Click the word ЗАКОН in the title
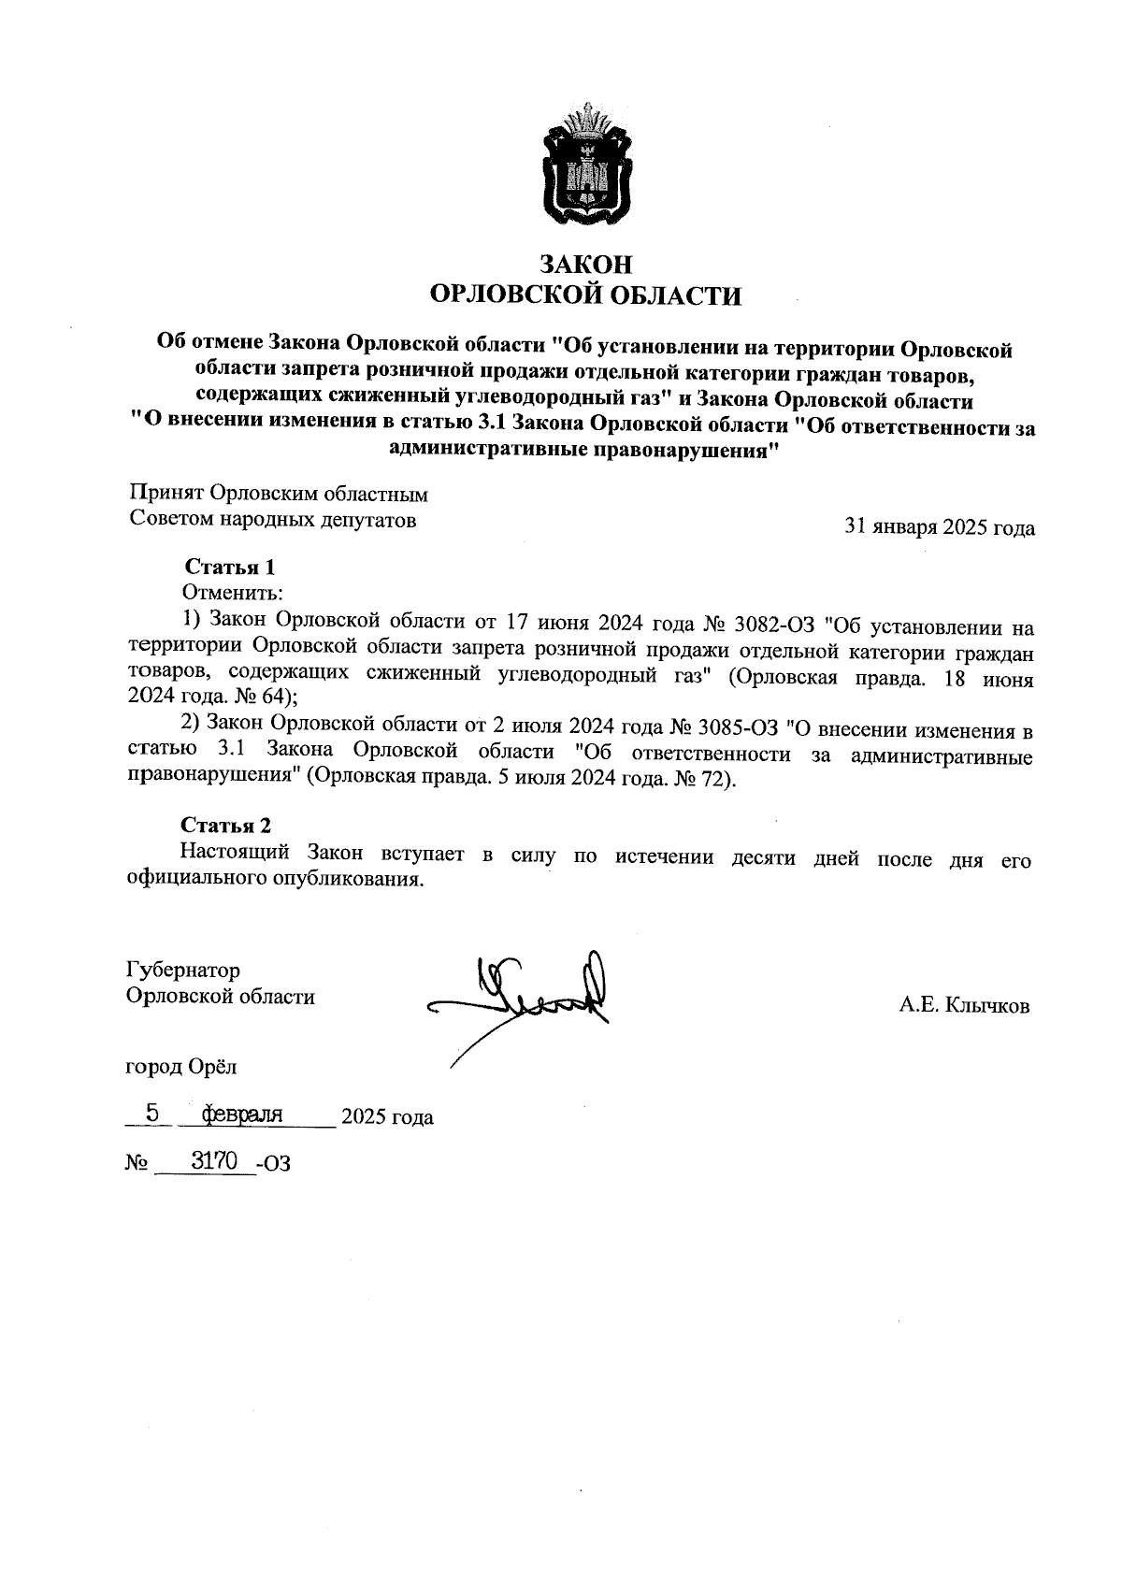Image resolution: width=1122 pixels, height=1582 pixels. tap(586, 265)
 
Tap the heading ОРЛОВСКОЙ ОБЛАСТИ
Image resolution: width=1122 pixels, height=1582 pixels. tap(585, 296)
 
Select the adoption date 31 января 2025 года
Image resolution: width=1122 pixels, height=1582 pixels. tap(939, 527)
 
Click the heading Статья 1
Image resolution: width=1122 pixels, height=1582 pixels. tap(230, 568)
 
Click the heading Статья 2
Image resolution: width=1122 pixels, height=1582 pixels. tap(226, 826)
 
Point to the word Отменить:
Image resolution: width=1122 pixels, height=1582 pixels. tap(232, 593)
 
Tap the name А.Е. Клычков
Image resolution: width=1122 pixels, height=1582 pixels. tap(964, 1006)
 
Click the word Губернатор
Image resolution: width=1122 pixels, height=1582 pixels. tap(183, 971)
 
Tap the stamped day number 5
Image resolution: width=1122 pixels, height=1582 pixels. tap(153, 1114)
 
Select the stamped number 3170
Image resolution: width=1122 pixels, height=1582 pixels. tap(213, 1161)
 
